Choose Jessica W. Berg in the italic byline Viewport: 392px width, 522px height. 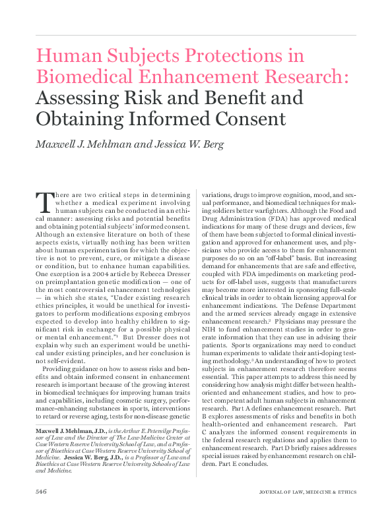click(x=193, y=145)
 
